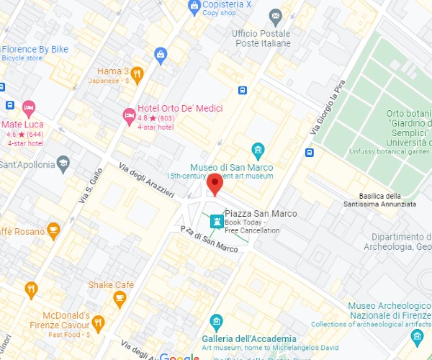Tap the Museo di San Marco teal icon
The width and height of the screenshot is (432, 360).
click(x=258, y=150)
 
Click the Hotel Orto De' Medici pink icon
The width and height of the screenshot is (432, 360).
click(x=129, y=114)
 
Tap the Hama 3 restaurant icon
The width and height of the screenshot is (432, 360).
click(x=138, y=73)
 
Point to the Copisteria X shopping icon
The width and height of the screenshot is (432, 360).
click(x=194, y=6)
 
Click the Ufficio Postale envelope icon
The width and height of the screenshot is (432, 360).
click(x=275, y=16)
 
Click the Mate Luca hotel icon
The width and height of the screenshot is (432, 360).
click(x=29, y=109)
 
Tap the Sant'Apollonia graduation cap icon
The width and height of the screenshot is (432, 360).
click(x=63, y=163)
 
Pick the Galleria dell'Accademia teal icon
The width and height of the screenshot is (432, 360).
click(x=216, y=321)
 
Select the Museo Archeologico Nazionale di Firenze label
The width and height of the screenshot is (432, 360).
click(x=390, y=311)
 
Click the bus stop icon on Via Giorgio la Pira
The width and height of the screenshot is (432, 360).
click(x=309, y=152)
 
